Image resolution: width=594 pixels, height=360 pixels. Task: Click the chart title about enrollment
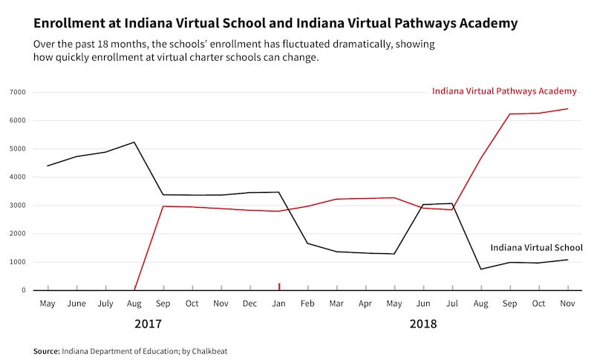pos(275,23)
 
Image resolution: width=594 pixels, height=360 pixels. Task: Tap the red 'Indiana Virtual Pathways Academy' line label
pos(504,91)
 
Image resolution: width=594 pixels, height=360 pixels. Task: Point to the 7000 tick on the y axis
pos(17,92)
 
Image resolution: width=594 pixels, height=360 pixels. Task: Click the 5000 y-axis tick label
pos(17,148)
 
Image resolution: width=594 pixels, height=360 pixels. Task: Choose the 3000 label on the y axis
pos(17,206)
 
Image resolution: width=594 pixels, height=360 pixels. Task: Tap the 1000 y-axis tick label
pos(17,262)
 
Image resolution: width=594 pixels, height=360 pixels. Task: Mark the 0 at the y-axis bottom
pos(24,290)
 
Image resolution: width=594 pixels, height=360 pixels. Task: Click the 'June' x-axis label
pos(76,304)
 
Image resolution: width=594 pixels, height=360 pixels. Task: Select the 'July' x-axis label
pos(105,304)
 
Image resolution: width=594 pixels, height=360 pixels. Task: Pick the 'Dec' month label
pos(250,304)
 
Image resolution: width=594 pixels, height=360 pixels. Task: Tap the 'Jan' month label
pos(279,304)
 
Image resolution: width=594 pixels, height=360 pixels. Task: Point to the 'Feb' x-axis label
pos(307,304)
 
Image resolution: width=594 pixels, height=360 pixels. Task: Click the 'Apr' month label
pos(365,304)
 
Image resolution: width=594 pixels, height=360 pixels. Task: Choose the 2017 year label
pos(148,324)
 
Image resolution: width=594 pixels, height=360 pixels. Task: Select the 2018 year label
pos(423,324)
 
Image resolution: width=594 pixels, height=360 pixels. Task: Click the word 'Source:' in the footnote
pos(46,350)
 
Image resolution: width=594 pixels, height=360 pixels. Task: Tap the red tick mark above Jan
pos(279,287)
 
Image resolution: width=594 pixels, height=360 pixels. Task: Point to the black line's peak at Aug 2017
pos(134,142)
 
